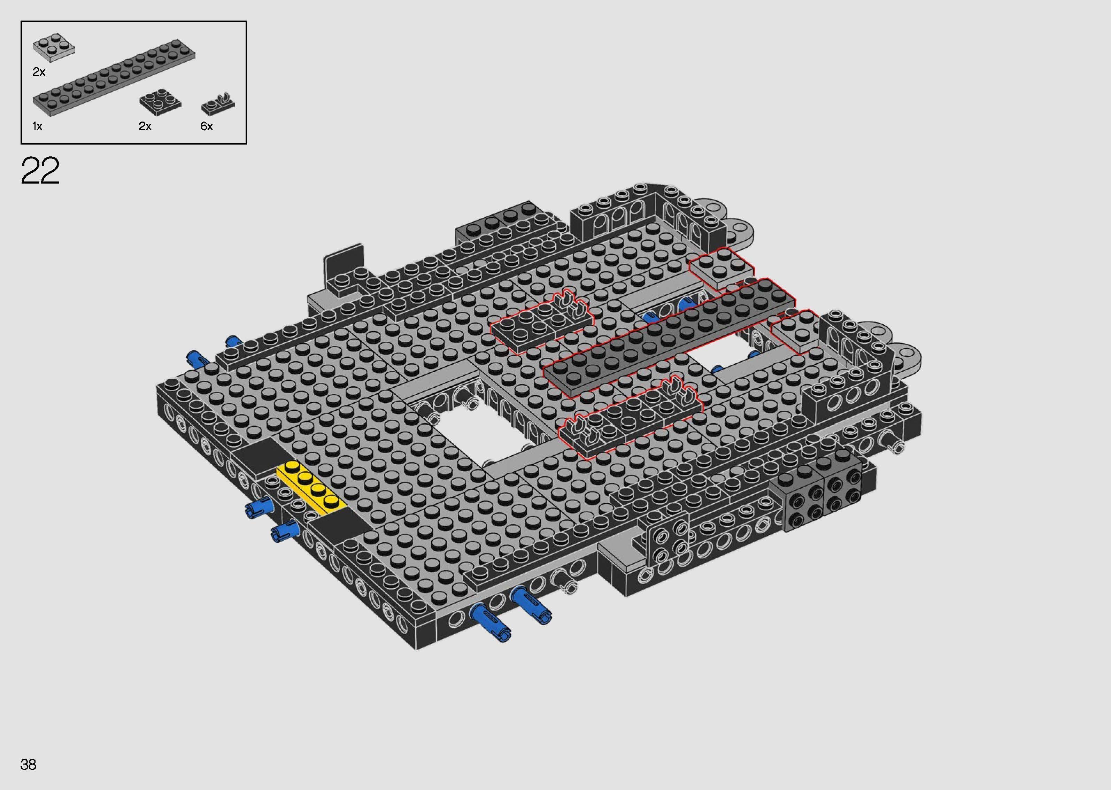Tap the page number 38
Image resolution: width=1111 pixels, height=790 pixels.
(28, 764)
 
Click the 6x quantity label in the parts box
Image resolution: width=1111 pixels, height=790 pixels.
(207, 126)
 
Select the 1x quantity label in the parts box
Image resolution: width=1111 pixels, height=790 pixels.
(38, 126)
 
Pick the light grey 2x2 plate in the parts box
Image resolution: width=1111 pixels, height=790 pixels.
(54, 47)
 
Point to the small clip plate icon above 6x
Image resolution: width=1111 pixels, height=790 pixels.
(218, 103)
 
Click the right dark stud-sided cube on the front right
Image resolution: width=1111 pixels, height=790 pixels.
(841, 489)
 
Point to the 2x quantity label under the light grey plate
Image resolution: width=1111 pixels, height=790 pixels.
(39, 72)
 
